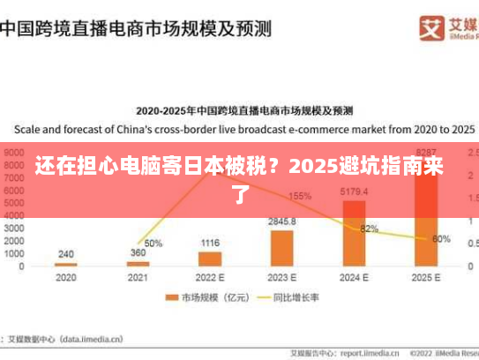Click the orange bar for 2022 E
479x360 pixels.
pyautogui.click(x=210, y=259)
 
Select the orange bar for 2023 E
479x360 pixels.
pyautogui.click(x=282, y=248)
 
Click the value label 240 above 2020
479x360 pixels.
pyautogui.click(x=65, y=253)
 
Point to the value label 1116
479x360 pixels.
pyautogui.click(x=210, y=243)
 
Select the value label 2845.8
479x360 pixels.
pyautogui.click(x=282, y=221)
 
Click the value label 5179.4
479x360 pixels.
pyautogui.click(x=354, y=191)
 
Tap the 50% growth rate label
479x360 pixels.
pyautogui.click(x=153, y=244)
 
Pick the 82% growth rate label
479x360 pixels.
pyautogui.click(x=370, y=229)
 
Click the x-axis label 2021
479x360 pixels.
pyautogui.click(x=138, y=276)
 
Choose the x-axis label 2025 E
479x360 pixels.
pyautogui.click(x=426, y=276)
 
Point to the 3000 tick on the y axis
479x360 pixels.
pyautogui.click(x=14, y=228)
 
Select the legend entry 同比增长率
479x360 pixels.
pyautogui.click(x=287, y=297)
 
